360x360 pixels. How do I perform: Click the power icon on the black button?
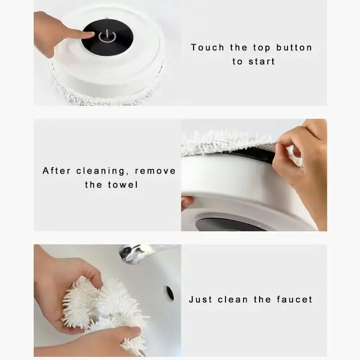(x=107, y=36)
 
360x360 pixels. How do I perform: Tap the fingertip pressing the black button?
(x=90, y=35)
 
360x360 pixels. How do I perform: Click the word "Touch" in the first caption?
(x=207, y=48)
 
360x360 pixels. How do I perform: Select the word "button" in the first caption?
(x=294, y=48)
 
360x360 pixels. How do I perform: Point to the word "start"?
(x=261, y=62)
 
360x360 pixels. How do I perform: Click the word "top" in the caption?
(x=261, y=48)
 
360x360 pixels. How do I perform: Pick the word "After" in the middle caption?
(x=57, y=171)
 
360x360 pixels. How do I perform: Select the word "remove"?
(x=155, y=171)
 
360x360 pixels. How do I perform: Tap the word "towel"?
(x=123, y=185)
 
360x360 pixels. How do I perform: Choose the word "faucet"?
(x=295, y=299)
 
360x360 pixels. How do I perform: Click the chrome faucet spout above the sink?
(x=134, y=253)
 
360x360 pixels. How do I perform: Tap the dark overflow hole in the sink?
(x=170, y=293)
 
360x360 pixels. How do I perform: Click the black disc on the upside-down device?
(x=227, y=224)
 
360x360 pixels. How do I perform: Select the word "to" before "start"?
(x=237, y=62)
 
